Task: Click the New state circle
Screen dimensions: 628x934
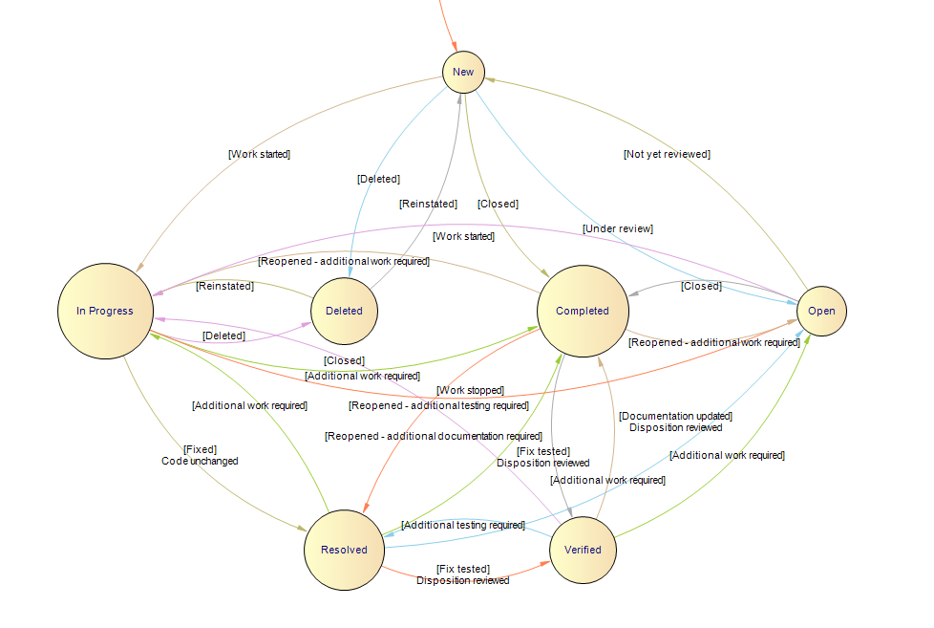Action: (463, 73)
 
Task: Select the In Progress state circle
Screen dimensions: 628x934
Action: (105, 311)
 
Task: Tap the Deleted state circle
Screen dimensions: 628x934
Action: (344, 311)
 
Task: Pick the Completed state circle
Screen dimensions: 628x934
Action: (583, 311)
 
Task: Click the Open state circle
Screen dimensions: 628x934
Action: (821, 311)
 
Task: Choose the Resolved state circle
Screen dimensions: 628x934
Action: (344, 550)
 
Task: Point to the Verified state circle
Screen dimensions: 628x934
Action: (583, 550)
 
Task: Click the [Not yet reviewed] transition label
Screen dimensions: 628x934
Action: (667, 154)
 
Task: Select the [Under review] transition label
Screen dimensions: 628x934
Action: (618, 228)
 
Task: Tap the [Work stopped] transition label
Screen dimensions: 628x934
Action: (470, 390)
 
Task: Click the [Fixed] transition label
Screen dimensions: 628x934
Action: (200, 448)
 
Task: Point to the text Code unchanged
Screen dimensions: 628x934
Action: (200, 461)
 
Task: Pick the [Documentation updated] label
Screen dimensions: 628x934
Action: (675, 416)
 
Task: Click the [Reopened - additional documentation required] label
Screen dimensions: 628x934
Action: (434, 436)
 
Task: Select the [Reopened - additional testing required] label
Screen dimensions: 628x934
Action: (438, 405)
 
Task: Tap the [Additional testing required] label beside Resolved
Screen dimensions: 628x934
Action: (463, 525)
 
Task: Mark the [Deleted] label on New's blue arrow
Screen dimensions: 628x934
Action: (378, 179)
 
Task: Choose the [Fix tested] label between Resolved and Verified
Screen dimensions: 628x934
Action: (463, 569)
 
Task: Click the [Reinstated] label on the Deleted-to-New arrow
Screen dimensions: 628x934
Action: (428, 204)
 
